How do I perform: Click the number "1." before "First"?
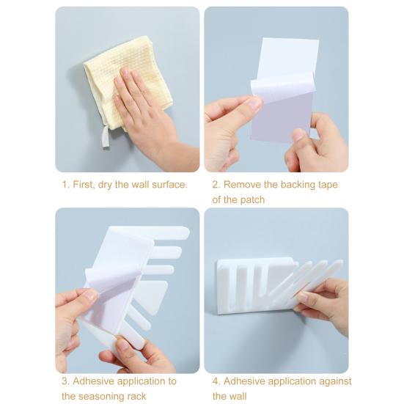coord(65,184)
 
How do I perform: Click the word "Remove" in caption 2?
coord(242,184)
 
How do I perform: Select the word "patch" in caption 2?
coord(251,199)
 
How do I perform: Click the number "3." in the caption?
coord(65,381)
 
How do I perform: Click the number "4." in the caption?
coord(216,381)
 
